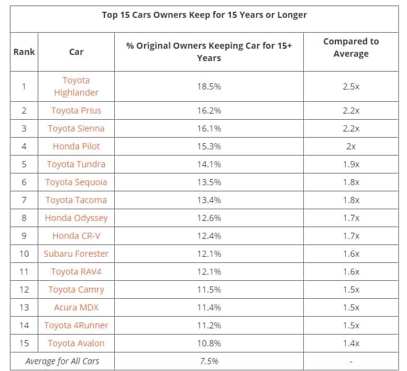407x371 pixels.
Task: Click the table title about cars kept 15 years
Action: [204, 15]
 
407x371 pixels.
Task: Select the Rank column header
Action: [23, 52]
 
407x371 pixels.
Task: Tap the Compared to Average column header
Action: [351, 48]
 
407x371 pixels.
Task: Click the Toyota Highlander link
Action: [76, 86]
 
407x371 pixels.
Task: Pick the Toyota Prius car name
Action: [76, 110]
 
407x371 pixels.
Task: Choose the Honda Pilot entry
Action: [76, 146]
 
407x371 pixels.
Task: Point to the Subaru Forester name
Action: [76, 254]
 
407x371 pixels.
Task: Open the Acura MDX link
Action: [76, 307]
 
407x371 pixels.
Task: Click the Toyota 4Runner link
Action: [76, 325]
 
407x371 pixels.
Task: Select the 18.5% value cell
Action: [209, 86]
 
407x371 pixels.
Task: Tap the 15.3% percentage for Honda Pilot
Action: [209, 146]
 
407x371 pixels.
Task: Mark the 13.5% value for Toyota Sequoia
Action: [209, 182]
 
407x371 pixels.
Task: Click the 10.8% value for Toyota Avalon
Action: [209, 343]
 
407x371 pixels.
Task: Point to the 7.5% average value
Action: [209, 361]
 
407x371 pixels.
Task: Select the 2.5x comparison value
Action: [351, 86]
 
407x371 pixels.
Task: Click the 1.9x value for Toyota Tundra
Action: [351, 164]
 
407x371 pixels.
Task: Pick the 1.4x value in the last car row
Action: [351, 343]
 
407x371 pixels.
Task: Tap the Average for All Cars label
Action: [62, 361]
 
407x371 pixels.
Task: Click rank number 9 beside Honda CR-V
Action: [23, 236]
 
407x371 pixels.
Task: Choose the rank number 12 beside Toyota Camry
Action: [23, 290]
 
